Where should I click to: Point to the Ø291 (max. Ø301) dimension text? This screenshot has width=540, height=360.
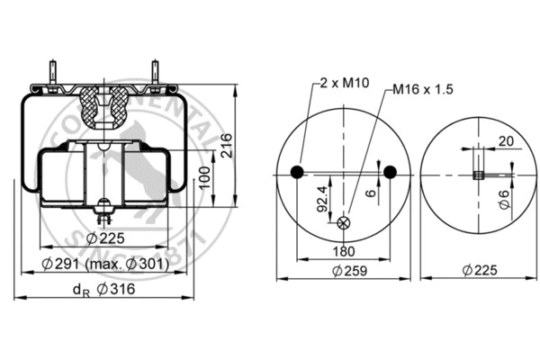(x=107, y=265)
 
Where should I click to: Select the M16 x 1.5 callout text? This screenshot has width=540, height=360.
(x=420, y=91)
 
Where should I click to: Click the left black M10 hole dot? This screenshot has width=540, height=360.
(x=298, y=172)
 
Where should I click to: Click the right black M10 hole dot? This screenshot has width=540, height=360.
(x=390, y=172)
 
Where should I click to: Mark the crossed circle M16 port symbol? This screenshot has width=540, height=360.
(x=344, y=223)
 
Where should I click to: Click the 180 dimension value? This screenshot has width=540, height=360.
(x=344, y=251)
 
